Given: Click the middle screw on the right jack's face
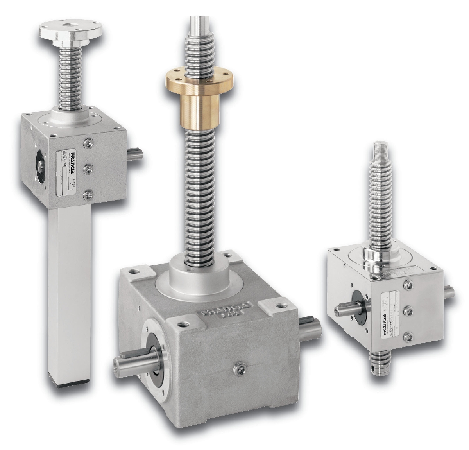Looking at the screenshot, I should point(408,310).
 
